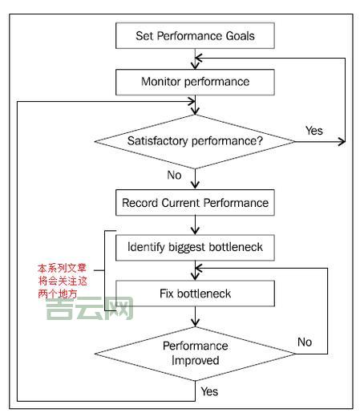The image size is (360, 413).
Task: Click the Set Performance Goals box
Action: (x=196, y=35)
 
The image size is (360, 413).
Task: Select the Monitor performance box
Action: (x=196, y=82)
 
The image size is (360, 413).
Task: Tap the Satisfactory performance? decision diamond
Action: (x=196, y=141)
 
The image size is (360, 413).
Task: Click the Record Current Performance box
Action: (x=196, y=202)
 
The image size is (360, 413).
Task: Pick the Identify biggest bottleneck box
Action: (x=196, y=248)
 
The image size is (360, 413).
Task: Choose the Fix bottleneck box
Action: (x=196, y=294)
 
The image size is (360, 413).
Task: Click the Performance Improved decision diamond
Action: (x=196, y=354)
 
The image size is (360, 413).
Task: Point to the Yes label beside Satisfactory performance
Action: (x=315, y=131)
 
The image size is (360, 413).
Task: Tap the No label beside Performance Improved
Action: (x=305, y=342)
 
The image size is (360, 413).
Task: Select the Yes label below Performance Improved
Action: (x=209, y=392)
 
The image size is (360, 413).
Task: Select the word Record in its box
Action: (x=141, y=202)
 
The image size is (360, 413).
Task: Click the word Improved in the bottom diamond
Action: (x=196, y=361)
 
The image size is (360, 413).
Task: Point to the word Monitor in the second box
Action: (x=164, y=82)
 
